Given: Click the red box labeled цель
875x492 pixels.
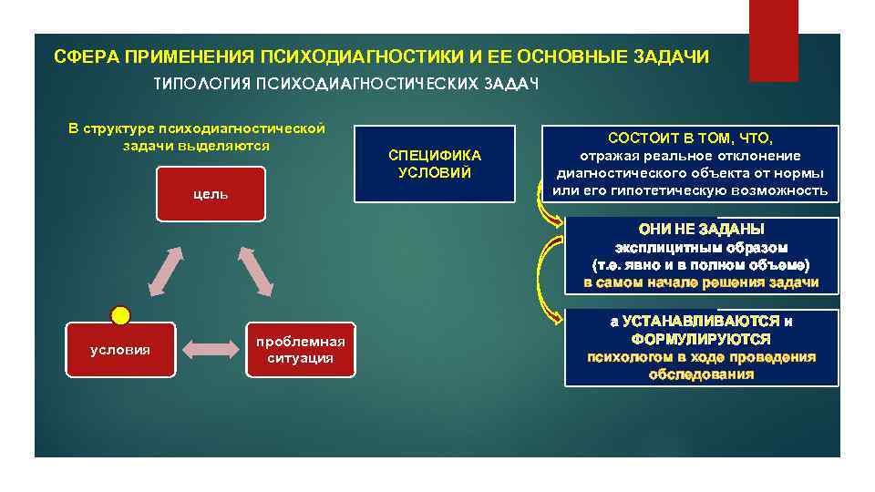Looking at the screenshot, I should pyautogui.click(x=211, y=194).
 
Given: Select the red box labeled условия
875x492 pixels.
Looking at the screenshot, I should pyautogui.click(x=120, y=350).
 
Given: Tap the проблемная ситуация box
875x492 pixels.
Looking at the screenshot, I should pyautogui.click(x=301, y=350).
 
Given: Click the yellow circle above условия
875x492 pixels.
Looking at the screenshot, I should pyautogui.click(x=120, y=315).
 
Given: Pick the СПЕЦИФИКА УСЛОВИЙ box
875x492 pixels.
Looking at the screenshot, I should pyautogui.click(x=434, y=164).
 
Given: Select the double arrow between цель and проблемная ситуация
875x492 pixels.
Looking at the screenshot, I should pyautogui.click(x=255, y=271).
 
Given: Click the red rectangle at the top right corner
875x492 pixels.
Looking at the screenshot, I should pyautogui.click(x=773, y=40).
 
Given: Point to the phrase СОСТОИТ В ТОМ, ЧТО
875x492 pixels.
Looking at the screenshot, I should pyautogui.click(x=690, y=138).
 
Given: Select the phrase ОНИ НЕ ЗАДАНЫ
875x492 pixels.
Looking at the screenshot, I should pyautogui.click(x=702, y=229).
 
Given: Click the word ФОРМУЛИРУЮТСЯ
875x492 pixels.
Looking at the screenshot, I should pyautogui.click(x=702, y=339).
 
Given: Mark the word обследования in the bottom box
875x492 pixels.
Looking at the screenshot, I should pyautogui.click(x=702, y=374).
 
